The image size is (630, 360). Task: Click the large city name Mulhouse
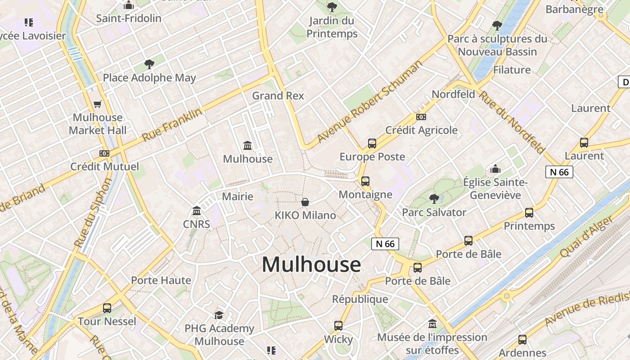point(311,264)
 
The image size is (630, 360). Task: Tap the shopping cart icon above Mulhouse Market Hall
point(97,104)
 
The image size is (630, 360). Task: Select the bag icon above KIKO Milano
point(305,202)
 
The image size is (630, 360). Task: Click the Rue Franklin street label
point(172,125)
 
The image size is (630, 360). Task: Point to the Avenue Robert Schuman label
point(370,102)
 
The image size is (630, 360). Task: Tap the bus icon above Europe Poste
point(372,144)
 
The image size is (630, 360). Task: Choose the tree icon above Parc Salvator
point(434,198)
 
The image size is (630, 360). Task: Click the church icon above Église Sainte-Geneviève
point(495,169)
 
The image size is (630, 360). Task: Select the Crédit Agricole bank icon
point(421,117)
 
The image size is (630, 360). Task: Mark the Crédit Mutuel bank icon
point(104,153)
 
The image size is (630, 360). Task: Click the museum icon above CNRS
point(197,211)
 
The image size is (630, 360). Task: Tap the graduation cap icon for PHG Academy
point(219,315)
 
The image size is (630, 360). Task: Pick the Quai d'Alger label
point(586,237)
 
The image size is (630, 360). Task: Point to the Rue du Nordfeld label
point(511,121)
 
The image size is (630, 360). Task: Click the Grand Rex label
point(278,96)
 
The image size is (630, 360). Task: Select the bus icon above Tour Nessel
point(107,308)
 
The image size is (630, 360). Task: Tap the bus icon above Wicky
point(338,326)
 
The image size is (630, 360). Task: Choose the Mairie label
point(238,197)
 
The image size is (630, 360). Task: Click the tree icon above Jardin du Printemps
point(332,7)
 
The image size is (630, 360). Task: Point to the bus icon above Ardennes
point(522,340)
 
